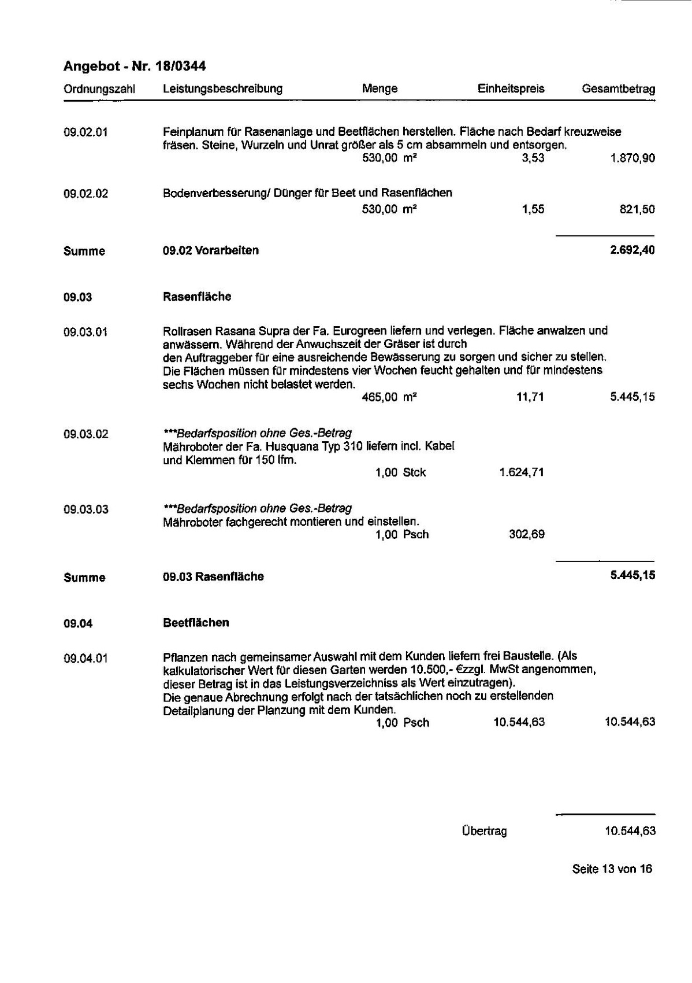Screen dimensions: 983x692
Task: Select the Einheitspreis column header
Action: click(x=511, y=89)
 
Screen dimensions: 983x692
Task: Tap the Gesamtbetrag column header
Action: click(x=618, y=89)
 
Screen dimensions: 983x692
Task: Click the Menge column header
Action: click(x=380, y=89)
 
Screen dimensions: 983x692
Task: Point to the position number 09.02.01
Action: click(x=85, y=132)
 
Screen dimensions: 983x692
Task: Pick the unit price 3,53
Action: click(x=533, y=158)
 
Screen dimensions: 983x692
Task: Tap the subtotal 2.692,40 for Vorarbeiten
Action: click(x=632, y=250)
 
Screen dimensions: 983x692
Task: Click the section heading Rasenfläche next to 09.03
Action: click(x=197, y=297)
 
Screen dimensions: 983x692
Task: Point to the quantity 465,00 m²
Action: click(x=389, y=397)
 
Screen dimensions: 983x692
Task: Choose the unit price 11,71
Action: click(x=530, y=397)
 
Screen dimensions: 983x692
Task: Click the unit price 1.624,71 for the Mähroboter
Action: click(x=521, y=472)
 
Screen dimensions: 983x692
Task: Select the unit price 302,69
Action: click(x=526, y=534)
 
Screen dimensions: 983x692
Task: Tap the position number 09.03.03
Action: click(x=85, y=509)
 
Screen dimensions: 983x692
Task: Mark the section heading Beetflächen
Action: click(x=196, y=623)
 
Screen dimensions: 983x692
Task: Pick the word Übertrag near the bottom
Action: click(x=484, y=832)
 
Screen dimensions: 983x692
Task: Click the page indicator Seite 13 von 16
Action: click(x=612, y=869)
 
